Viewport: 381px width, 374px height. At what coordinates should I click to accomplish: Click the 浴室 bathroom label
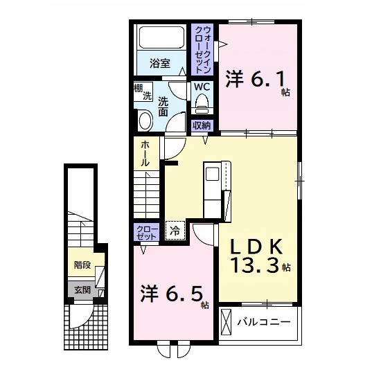click(x=160, y=64)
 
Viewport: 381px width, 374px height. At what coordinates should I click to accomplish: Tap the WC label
click(x=202, y=87)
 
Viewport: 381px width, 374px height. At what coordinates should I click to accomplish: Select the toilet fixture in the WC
click(x=202, y=104)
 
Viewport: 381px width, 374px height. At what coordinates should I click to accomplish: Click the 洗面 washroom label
click(x=163, y=106)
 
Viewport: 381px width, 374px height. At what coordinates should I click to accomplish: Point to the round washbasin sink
click(x=145, y=122)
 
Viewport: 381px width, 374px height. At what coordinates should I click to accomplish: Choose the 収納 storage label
click(x=202, y=125)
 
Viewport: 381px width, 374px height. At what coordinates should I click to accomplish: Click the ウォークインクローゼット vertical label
click(x=203, y=50)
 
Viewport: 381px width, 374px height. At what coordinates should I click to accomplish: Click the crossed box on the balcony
click(x=227, y=322)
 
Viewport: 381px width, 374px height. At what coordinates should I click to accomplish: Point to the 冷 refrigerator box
click(x=175, y=231)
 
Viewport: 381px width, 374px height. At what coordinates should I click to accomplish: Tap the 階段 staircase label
click(x=82, y=265)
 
